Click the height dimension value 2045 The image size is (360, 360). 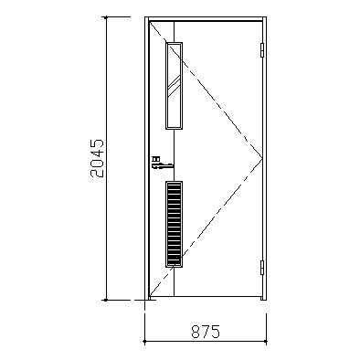click(97, 158)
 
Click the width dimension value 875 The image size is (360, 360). click(206, 332)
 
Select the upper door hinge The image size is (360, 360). click(262, 50)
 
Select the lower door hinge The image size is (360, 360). click(262, 268)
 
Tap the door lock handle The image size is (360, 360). click(163, 164)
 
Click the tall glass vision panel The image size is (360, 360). click(175, 86)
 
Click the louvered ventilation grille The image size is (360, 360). click(175, 224)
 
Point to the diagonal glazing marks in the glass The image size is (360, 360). click(174, 85)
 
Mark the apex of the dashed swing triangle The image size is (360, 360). click(262, 158)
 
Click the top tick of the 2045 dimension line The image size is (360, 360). click(106, 17)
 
